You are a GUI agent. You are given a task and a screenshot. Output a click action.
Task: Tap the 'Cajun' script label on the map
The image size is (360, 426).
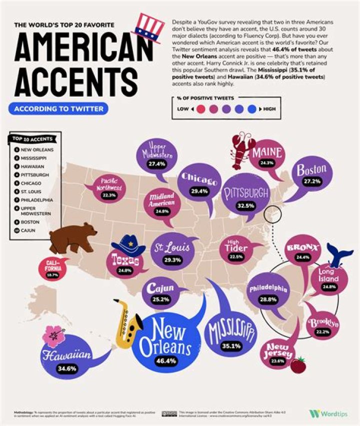160,288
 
